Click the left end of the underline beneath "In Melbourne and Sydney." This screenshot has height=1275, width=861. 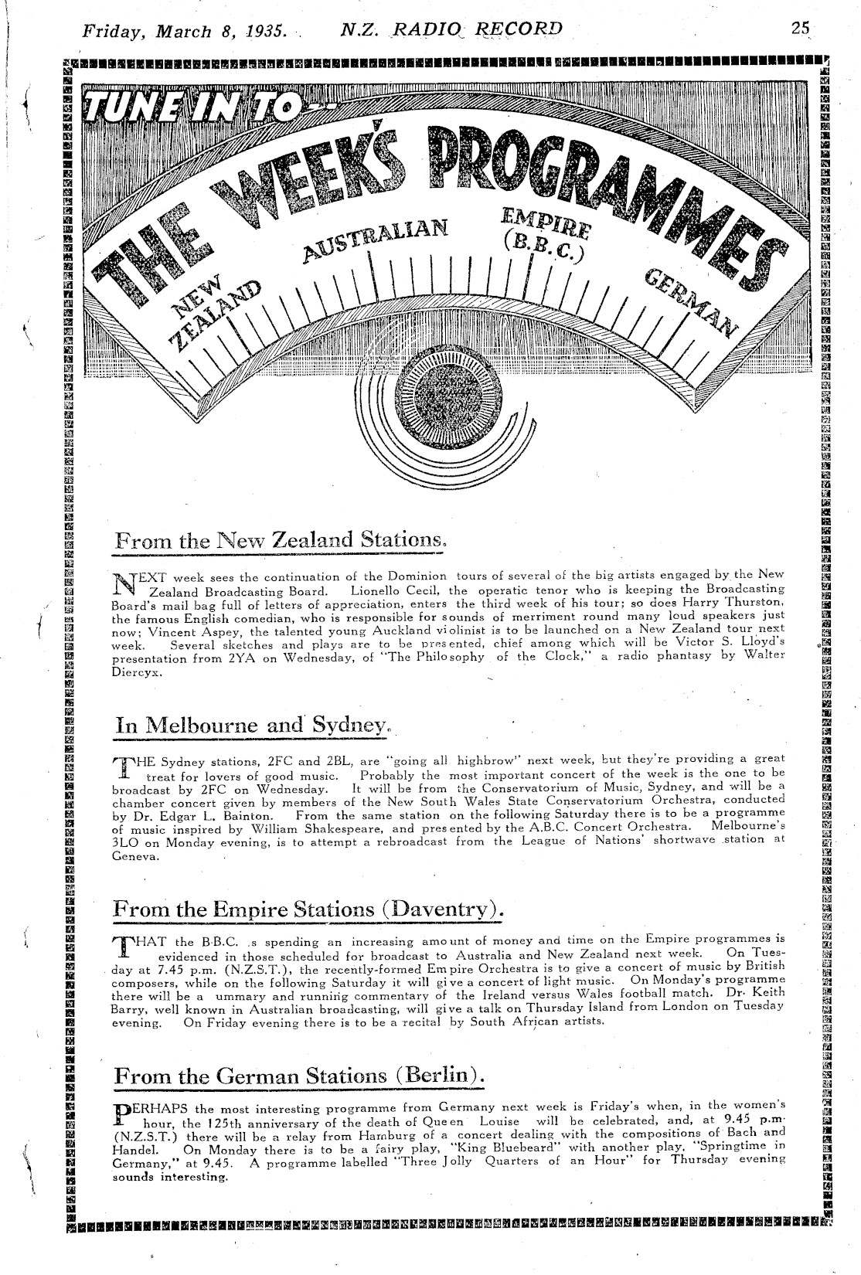coord(114,739)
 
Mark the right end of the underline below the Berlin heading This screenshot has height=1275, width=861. coord(484,1090)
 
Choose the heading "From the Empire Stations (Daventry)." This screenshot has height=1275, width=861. coord(308,909)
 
